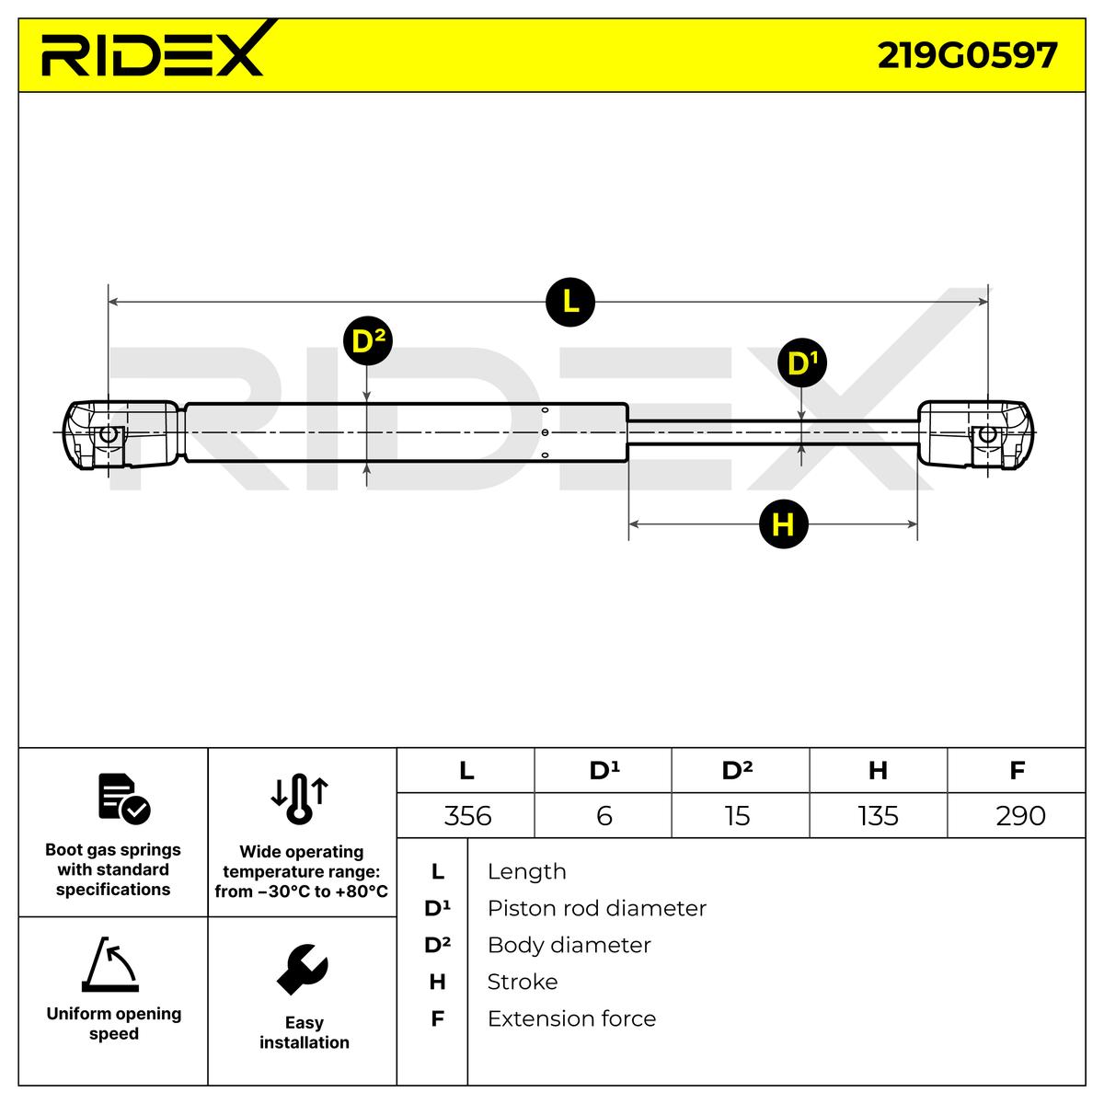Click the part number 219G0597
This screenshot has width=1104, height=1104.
pos(966,55)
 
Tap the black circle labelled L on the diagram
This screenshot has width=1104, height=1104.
pos(570,301)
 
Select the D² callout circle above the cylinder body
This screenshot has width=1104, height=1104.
pos(367,341)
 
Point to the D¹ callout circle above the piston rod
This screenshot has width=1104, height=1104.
pos(802,364)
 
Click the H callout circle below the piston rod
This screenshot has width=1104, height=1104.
pos(783,524)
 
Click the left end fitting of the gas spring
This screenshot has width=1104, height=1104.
pos(120,435)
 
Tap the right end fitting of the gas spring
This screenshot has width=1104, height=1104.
pos(975,435)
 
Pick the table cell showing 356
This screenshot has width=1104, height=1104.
pos(467,816)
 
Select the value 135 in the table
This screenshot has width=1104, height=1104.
pos(878,816)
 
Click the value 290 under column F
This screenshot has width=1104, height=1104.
pos(1020,816)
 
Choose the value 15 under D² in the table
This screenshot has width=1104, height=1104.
pos(738,816)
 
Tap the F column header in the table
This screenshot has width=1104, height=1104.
pos(1017,770)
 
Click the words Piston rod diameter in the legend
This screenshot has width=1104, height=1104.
pos(596,909)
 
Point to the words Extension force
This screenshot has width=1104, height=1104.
pos(571,1019)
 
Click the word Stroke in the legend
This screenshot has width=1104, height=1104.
pos(522,983)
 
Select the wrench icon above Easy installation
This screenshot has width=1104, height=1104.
pos(303,970)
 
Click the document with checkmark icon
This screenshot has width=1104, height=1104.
pos(123,799)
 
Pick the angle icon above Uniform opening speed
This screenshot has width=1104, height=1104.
pos(111,965)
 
